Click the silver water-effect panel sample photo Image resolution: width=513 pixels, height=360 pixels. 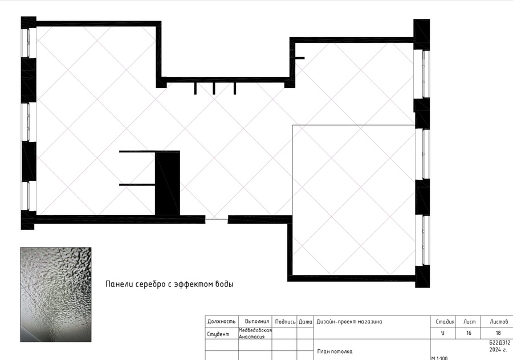click(56, 294)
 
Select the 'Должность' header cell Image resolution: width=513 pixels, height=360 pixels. click(222, 321)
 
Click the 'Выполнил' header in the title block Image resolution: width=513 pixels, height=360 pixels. click(257, 321)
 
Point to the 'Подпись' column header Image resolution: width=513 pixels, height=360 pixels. click(286, 322)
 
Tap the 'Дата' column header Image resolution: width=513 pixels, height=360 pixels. click(306, 322)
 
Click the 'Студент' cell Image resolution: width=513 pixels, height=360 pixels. click(218, 334)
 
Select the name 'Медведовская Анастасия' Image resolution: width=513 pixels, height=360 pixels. click(255, 333)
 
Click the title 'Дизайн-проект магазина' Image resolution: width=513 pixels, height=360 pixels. click(349, 322)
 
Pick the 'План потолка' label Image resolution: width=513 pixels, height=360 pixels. click(335, 351)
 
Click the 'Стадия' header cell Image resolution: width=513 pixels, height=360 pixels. click(445, 322)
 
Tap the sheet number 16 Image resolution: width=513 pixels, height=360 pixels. click(469, 333)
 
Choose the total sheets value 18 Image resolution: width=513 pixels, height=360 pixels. click(498, 333)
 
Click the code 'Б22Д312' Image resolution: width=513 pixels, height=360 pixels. click(499, 343)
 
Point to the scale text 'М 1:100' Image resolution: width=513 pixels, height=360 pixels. click(439, 358)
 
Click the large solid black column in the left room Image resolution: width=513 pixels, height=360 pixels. click(167, 183)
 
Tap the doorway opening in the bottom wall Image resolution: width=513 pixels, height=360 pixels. click(217, 220)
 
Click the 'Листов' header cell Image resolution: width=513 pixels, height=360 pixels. click(499, 322)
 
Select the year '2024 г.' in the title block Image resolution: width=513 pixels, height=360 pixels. click(498, 350)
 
